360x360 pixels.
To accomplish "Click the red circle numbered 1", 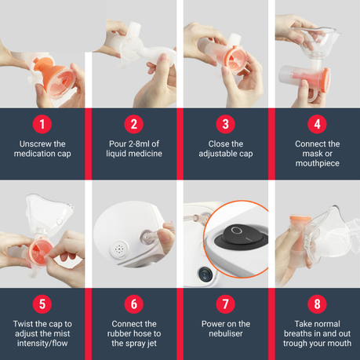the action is tap(42, 124).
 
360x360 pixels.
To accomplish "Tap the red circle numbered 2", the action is tap(134, 124).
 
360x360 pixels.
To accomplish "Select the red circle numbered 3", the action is tap(226, 124).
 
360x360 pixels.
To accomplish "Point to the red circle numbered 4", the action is tap(317, 124).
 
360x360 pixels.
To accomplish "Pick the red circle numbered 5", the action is tap(42, 304).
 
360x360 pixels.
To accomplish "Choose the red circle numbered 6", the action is tap(134, 304).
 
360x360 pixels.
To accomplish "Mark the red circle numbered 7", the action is tap(226, 304).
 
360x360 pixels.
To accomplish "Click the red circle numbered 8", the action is tap(317, 304).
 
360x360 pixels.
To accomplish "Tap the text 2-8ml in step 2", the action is tap(139, 144).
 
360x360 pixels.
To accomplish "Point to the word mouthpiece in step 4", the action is tap(318, 164).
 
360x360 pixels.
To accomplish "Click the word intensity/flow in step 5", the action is tap(42, 344).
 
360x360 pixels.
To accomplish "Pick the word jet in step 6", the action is tap(151, 344).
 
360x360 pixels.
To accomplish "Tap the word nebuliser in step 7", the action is tap(226, 333).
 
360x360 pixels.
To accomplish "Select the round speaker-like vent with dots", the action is tap(119, 249).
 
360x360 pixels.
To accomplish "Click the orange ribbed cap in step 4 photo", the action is tap(326, 81).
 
